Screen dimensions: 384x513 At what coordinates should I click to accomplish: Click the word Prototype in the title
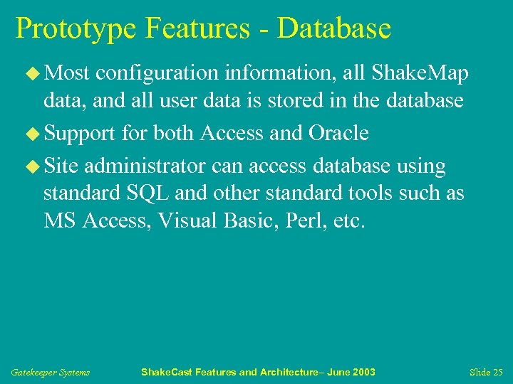coord(76,28)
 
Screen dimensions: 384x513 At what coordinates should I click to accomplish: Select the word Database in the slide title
coord(334,28)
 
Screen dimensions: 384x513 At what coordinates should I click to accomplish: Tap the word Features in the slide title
coord(198,28)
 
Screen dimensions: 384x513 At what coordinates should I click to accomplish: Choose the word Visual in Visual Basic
coord(190,220)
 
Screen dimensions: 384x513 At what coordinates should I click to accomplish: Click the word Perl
coord(306,220)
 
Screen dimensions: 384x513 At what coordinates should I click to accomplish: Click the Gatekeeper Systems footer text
coord(51,373)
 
